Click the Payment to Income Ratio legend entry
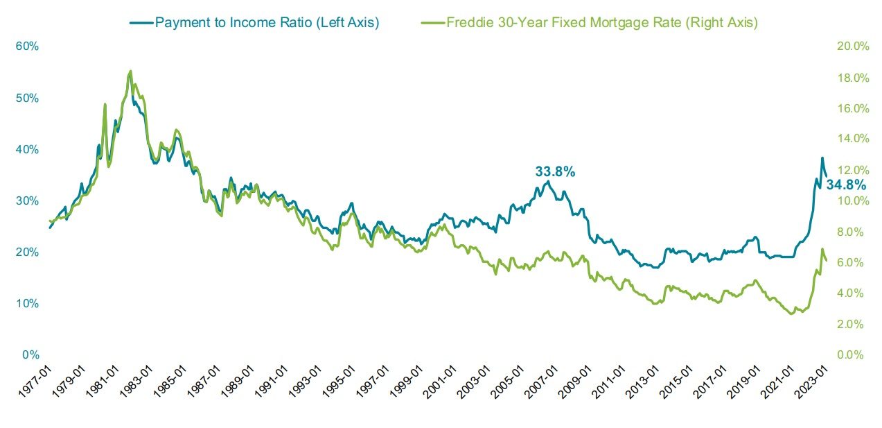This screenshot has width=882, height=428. click(x=267, y=22)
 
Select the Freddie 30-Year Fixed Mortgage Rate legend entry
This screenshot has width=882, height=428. click(x=601, y=22)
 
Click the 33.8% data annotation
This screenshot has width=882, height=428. click(x=555, y=171)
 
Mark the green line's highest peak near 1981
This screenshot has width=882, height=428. click(x=130, y=71)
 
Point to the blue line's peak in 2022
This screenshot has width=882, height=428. click(x=822, y=158)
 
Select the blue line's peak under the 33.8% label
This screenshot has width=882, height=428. click(x=549, y=182)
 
